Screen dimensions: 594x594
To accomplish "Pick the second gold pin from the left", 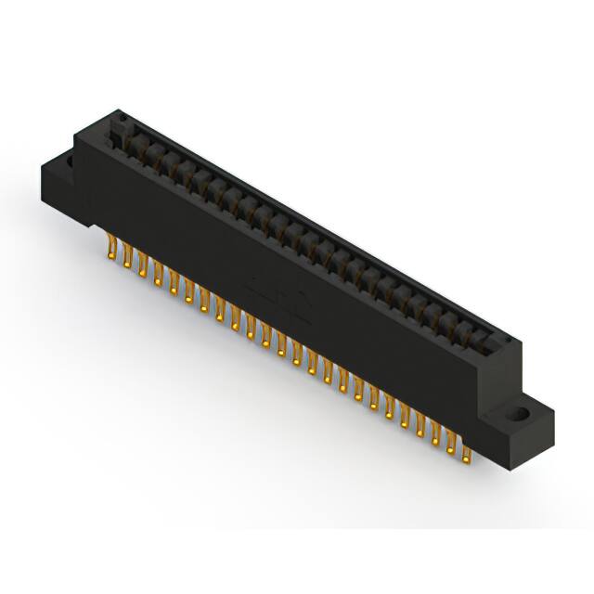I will [128, 259].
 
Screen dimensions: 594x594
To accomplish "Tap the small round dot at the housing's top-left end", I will [119, 118].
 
